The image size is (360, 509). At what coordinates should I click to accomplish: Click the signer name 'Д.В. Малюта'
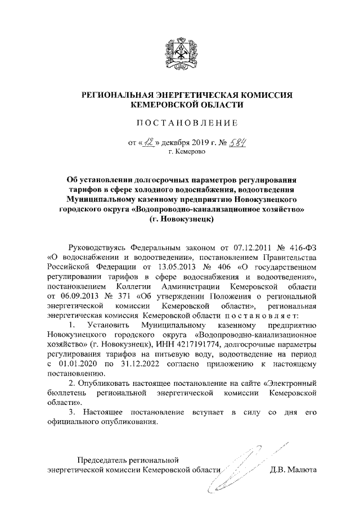(x=294, y=470)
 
